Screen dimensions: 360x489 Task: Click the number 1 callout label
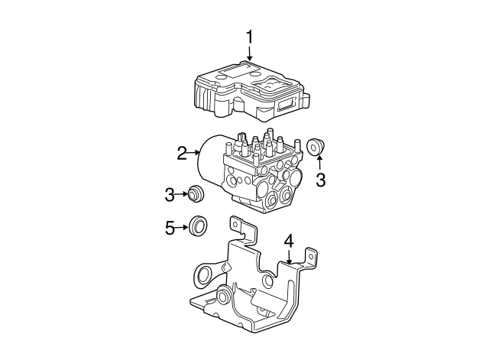coord(248,36)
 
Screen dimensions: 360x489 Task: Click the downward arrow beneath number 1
coord(248,54)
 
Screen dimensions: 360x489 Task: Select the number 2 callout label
coord(182,154)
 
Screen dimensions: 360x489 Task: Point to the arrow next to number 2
coord(193,154)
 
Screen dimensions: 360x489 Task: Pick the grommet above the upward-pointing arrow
coord(316,147)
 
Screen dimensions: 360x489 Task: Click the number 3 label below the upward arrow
coord(321,180)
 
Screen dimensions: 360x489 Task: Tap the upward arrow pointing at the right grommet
coord(320,162)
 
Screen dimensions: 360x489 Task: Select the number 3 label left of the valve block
coord(170,195)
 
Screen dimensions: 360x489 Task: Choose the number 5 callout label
coord(170,226)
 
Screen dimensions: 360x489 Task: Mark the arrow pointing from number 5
coord(183,226)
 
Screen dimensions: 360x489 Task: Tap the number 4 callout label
coord(288,242)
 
